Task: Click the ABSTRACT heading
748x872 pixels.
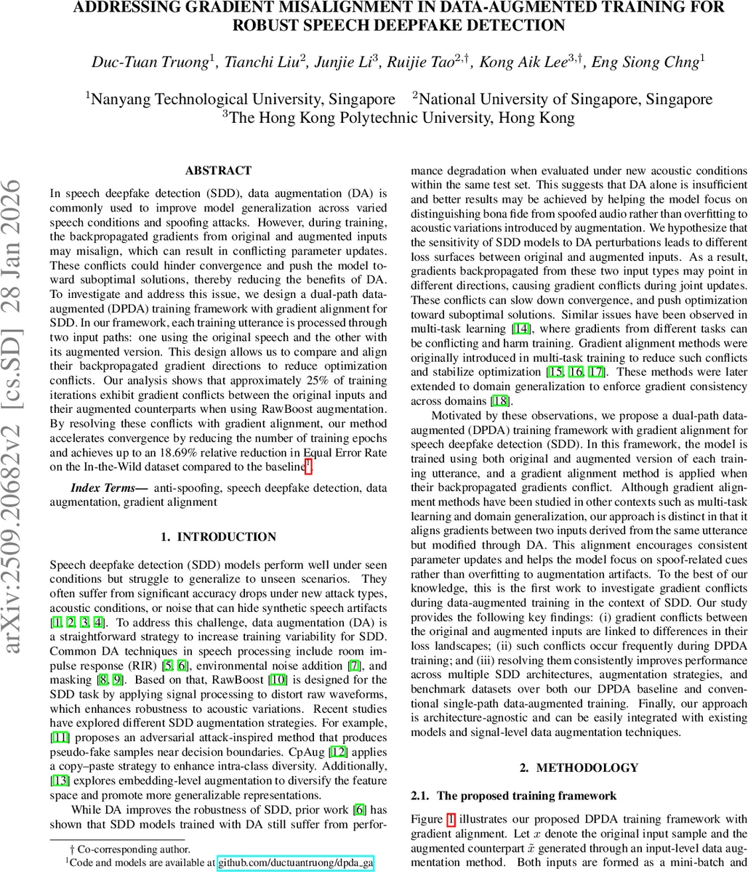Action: tap(218, 171)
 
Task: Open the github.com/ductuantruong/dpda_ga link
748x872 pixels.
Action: tap(295, 863)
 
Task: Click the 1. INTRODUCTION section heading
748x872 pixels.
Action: tap(218, 517)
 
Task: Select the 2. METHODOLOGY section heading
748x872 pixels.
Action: tap(579, 767)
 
